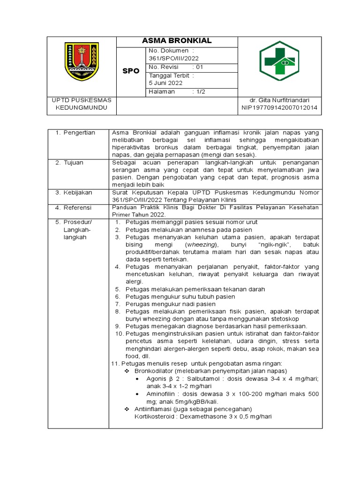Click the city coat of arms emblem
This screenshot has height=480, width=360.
click(82, 61)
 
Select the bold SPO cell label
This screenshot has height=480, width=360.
click(131, 71)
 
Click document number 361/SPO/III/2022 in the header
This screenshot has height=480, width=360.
click(173, 58)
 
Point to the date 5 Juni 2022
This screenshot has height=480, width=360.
click(165, 83)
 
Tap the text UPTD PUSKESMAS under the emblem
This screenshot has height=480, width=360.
click(82, 100)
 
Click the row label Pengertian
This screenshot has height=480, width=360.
click(79, 133)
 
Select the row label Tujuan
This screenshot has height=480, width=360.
click(74, 163)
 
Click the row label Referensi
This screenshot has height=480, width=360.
click(78, 207)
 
